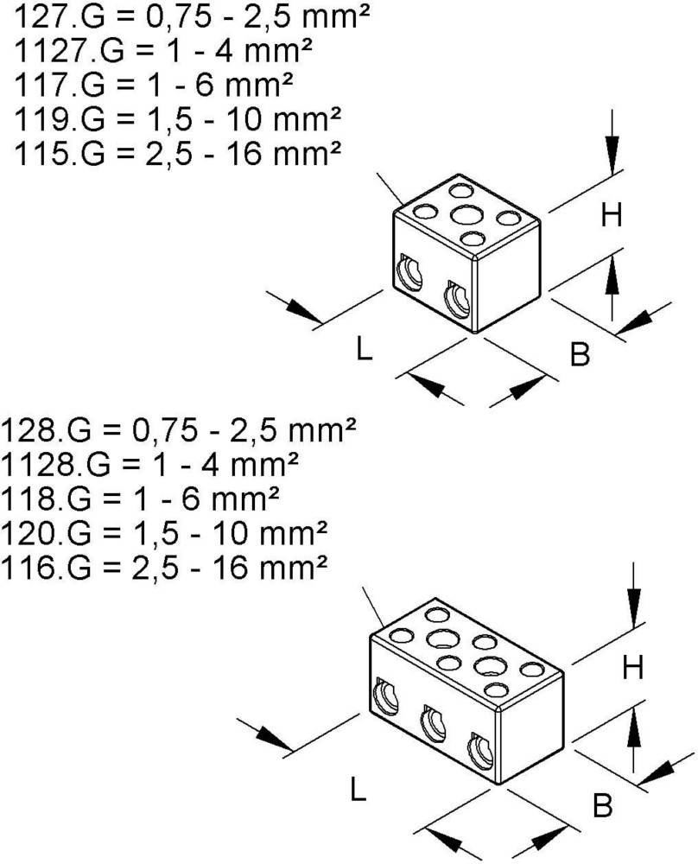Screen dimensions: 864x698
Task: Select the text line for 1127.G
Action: tap(163, 49)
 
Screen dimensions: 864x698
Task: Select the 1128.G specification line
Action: tap(151, 464)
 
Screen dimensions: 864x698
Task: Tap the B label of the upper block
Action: tap(580, 353)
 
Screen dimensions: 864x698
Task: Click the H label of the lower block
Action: tap(634, 666)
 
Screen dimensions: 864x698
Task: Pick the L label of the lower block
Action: tap(357, 788)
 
